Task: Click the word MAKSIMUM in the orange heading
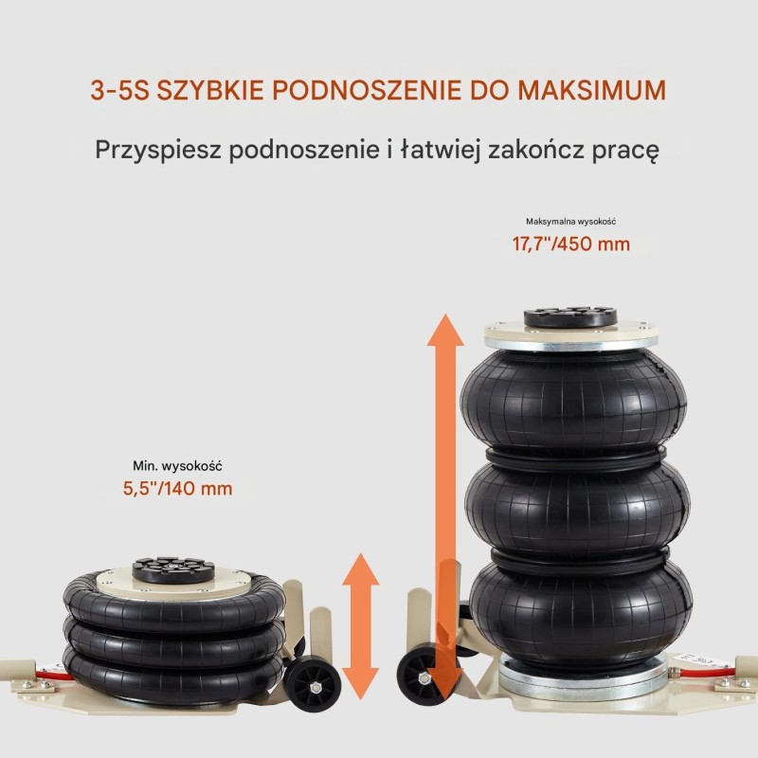[591, 90]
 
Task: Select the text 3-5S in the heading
[119, 90]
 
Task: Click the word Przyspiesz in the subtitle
[158, 150]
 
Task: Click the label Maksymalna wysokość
[571, 222]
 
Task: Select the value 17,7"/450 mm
[571, 244]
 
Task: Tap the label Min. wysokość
[177, 466]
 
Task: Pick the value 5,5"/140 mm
[177, 488]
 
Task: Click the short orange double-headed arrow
[361, 627]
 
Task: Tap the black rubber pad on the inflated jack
[570, 317]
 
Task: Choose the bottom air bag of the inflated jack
[580, 611]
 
